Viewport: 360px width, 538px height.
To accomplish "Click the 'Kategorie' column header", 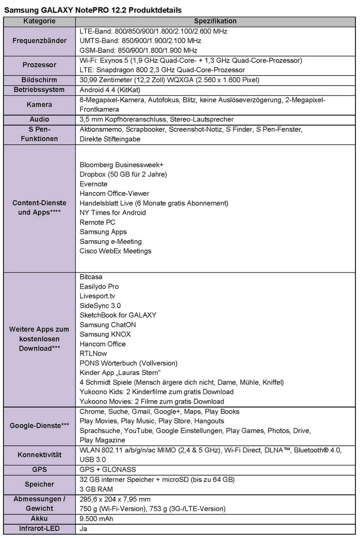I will tap(39, 21).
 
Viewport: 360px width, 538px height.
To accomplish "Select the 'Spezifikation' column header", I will tap(215, 21).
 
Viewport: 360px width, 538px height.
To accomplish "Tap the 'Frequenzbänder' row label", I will tap(39, 41).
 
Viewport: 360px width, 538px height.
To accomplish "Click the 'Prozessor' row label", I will tap(39, 65).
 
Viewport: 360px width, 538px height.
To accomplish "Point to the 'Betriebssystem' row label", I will tap(39, 90).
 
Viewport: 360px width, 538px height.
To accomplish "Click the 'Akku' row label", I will tap(39, 519).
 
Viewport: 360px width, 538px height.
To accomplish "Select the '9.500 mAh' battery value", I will tap(96, 519).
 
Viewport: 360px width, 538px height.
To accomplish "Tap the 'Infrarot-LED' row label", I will tap(39, 529).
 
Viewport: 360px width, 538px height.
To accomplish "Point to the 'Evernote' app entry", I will tap(94, 184).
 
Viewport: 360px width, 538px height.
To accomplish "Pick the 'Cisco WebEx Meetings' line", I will tap(116, 251).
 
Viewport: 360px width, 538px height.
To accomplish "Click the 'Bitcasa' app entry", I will tap(91, 277).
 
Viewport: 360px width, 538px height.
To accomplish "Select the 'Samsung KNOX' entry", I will tap(105, 334).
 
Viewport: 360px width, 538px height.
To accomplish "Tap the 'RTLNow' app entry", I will tap(93, 354).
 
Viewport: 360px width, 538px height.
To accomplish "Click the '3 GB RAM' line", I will tap(96, 489).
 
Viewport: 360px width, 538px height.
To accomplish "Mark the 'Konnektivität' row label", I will tap(39, 455).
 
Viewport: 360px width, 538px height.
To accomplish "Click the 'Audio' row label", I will tap(39, 120).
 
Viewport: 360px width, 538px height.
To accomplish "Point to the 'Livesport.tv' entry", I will tap(97, 296).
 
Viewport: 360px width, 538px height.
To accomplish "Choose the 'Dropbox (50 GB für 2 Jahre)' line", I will tap(123, 174).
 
